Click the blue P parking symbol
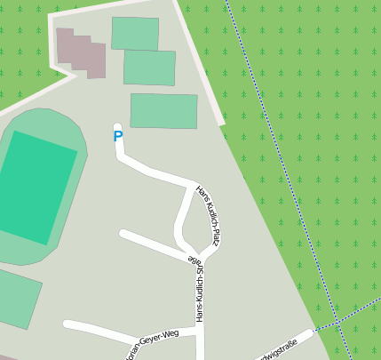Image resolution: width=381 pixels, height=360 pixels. click(118, 137)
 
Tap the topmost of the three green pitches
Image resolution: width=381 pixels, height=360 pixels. click(135, 34)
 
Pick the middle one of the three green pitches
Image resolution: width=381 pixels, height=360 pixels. click(149, 68)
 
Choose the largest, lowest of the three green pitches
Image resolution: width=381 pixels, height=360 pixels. click(163, 111)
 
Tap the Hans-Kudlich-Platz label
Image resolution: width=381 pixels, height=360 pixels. click(207, 216)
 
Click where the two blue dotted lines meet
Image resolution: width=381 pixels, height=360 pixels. click(337, 322)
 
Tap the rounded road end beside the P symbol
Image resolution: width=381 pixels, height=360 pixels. click(117, 127)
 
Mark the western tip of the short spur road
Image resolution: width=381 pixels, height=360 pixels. click(123, 234)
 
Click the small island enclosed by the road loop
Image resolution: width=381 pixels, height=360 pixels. click(198, 219)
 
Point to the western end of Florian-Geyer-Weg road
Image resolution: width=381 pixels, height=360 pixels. click(67, 324)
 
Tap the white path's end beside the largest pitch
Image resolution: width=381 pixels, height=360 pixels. click(220, 121)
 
